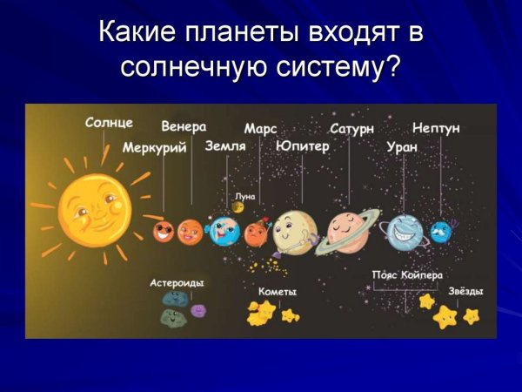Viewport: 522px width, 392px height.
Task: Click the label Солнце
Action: point(109,123)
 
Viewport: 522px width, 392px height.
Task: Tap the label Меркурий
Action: point(154,148)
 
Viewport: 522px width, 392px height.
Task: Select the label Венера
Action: point(184,126)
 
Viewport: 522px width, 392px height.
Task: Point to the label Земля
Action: point(224,146)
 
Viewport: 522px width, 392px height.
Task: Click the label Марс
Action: point(260,128)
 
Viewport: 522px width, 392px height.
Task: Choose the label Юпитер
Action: point(302,146)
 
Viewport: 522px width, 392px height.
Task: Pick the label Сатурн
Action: point(351,128)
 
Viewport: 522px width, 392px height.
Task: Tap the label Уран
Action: point(401,147)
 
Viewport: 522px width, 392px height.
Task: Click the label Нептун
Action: point(437,128)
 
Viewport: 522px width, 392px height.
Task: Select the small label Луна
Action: point(245,196)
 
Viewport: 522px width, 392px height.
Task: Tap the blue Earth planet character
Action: point(224,230)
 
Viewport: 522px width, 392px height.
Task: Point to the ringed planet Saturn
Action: point(347,230)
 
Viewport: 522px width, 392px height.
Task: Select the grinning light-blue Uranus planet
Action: point(405,232)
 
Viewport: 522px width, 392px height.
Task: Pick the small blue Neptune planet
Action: point(441,231)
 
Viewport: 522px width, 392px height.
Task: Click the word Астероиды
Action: point(177,283)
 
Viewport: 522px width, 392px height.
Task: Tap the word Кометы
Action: point(278,292)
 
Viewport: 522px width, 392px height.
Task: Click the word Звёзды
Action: point(465,291)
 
